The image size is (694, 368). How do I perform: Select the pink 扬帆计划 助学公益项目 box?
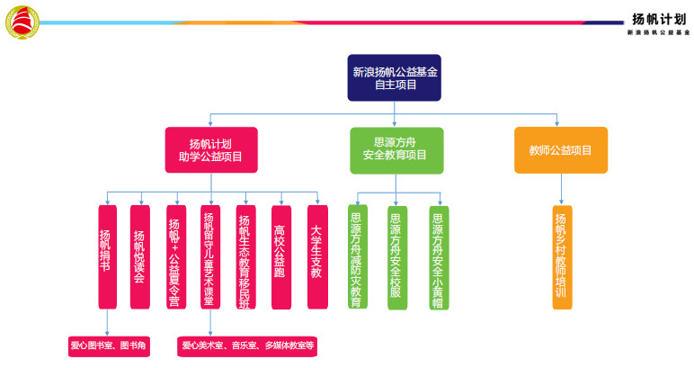point(210,149)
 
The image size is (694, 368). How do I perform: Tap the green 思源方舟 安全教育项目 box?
point(396,149)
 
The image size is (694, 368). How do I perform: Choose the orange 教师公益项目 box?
point(561,149)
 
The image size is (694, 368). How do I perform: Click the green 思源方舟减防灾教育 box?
point(357,257)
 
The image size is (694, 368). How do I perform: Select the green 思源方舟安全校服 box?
point(396,257)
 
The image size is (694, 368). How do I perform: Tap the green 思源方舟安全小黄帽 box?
point(439,257)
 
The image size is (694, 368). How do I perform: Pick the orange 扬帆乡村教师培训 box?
point(562,257)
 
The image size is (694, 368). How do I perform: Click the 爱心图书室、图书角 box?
point(109,346)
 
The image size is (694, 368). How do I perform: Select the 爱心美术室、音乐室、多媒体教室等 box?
point(247,346)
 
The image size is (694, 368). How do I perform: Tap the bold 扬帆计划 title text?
point(659,18)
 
